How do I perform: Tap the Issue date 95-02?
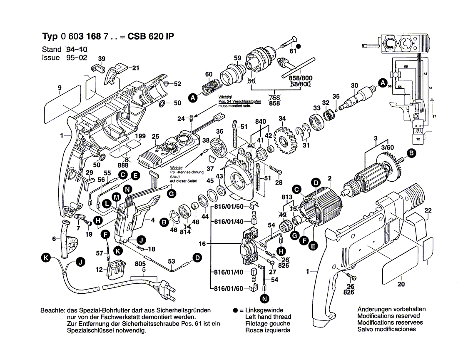[x=77, y=58]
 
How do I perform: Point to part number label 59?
[x=237, y=58]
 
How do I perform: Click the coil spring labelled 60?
[x=212, y=88]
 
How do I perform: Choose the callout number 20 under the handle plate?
[x=401, y=285]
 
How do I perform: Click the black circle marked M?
[x=117, y=197]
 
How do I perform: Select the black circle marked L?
[x=107, y=203]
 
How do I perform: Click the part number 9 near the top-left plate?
[x=60, y=87]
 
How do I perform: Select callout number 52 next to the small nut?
[x=178, y=84]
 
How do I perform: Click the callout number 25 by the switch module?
[x=155, y=136]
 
